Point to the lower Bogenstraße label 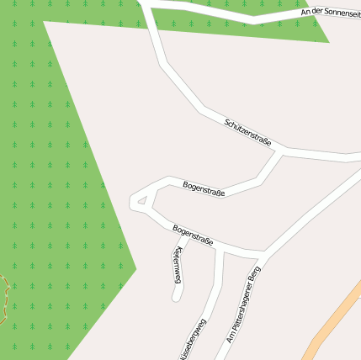coord(193,235)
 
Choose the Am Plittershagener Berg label coord(245,311)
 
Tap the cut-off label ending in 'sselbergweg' coord(190,341)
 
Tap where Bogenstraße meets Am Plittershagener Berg coord(263,253)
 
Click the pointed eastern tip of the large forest coord(135,269)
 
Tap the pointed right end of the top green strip coord(327,40)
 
